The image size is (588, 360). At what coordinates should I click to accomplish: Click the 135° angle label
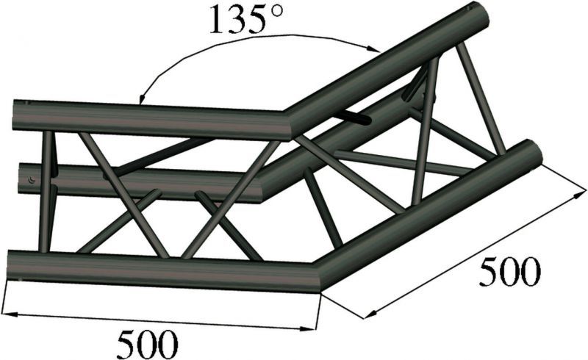click(240, 21)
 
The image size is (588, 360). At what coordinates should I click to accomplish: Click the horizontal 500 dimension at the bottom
click(147, 342)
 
